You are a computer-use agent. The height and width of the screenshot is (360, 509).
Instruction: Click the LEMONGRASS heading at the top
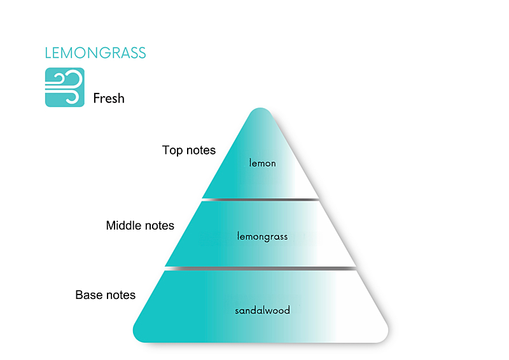click(95, 53)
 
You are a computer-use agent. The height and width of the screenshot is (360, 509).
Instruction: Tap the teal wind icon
click(64, 87)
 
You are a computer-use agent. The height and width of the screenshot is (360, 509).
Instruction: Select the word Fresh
click(109, 99)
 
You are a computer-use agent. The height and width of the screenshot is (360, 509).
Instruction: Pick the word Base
click(88, 295)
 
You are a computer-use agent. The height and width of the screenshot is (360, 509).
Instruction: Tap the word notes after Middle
click(158, 226)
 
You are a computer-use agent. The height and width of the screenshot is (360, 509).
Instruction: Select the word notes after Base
click(120, 295)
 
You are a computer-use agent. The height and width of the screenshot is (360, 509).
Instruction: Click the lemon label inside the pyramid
click(262, 163)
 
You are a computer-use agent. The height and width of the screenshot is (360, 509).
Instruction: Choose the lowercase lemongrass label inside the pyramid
click(262, 237)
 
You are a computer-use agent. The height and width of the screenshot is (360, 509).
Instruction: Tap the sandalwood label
click(262, 310)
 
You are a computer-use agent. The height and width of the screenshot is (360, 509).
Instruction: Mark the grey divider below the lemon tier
click(261, 200)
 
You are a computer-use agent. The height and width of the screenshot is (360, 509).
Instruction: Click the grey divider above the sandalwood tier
click(261, 268)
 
